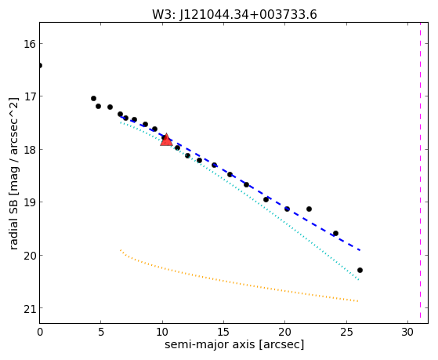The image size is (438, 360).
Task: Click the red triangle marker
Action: point(166,140)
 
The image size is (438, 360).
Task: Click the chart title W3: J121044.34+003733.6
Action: point(234,15)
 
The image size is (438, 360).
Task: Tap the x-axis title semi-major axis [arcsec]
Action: point(234,344)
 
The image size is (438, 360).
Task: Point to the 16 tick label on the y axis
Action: point(28,44)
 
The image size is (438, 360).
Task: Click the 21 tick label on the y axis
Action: point(28,308)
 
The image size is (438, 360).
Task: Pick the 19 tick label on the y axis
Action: point(28,202)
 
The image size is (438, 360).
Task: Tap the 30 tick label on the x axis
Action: point(407,333)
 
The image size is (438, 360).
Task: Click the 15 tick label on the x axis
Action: point(223,333)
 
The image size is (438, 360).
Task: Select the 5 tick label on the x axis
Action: point(101,333)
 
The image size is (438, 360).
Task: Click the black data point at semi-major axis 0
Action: point(40,65)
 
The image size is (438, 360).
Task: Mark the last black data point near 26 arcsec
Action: point(360,271)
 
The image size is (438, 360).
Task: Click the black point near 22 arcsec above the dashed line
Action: point(309,209)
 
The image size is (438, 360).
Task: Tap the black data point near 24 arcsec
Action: point(336,233)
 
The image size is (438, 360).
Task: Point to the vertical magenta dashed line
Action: point(420,171)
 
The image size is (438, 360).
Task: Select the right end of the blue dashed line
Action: point(360,250)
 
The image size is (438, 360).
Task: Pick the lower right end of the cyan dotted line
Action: point(359,280)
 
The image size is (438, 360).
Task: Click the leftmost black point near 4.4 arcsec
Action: point(93,99)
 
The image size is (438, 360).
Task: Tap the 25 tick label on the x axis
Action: point(346,333)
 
